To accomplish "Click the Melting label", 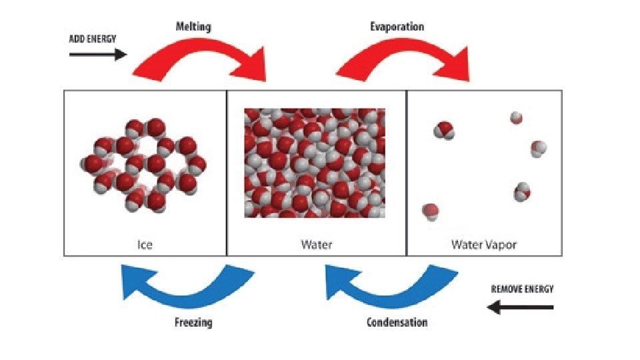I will [x=194, y=27].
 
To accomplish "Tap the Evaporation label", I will [x=397, y=27].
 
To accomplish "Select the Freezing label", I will [x=193, y=322].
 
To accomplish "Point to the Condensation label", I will [x=397, y=322].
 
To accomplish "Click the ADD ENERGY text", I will [x=93, y=39].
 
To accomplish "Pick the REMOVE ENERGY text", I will [x=522, y=289].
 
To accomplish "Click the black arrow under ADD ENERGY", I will [x=97, y=55].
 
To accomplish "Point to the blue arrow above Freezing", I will [x=186, y=284].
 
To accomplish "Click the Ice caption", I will [x=145, y=245].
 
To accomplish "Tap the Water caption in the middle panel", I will [x=316, y=245].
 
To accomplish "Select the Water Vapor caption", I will [x=484, y=245].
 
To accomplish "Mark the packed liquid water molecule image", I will [x=315, y=163].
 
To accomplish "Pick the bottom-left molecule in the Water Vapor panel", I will [x=431, y=211].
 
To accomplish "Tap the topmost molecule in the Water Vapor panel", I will [x=516, y=119].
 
